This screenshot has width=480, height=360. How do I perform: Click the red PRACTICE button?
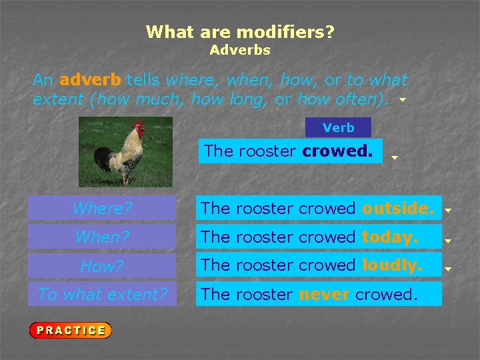click(x=70, y=330)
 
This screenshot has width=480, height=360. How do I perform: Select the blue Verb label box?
click(x=338, y=127)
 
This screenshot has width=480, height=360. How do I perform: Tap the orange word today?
click(x=390, y=237)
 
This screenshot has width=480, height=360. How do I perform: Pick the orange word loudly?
click(x=392, y=265)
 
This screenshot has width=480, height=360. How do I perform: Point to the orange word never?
click(x=324, y=294)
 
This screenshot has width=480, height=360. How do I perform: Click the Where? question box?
click(x=102, y=208)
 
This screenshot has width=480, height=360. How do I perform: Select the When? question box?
click(x=102, y=237)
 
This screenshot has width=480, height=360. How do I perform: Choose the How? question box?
click(x=102, y=266)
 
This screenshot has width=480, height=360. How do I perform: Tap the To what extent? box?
click(x=102, y=294)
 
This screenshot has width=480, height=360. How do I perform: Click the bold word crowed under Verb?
click(x=337, y=151)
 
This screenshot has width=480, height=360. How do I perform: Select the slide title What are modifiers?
click(x=240, y=31)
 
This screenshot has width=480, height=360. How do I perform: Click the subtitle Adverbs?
click(x=240, y=50)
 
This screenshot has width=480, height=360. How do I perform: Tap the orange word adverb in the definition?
click(x=90, y=80)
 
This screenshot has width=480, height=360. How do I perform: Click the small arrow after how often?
click(x=402, y=101)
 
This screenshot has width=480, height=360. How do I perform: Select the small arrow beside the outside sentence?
click(x=448, y=210)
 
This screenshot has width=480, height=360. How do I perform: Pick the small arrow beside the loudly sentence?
click(x=448, y=269)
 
